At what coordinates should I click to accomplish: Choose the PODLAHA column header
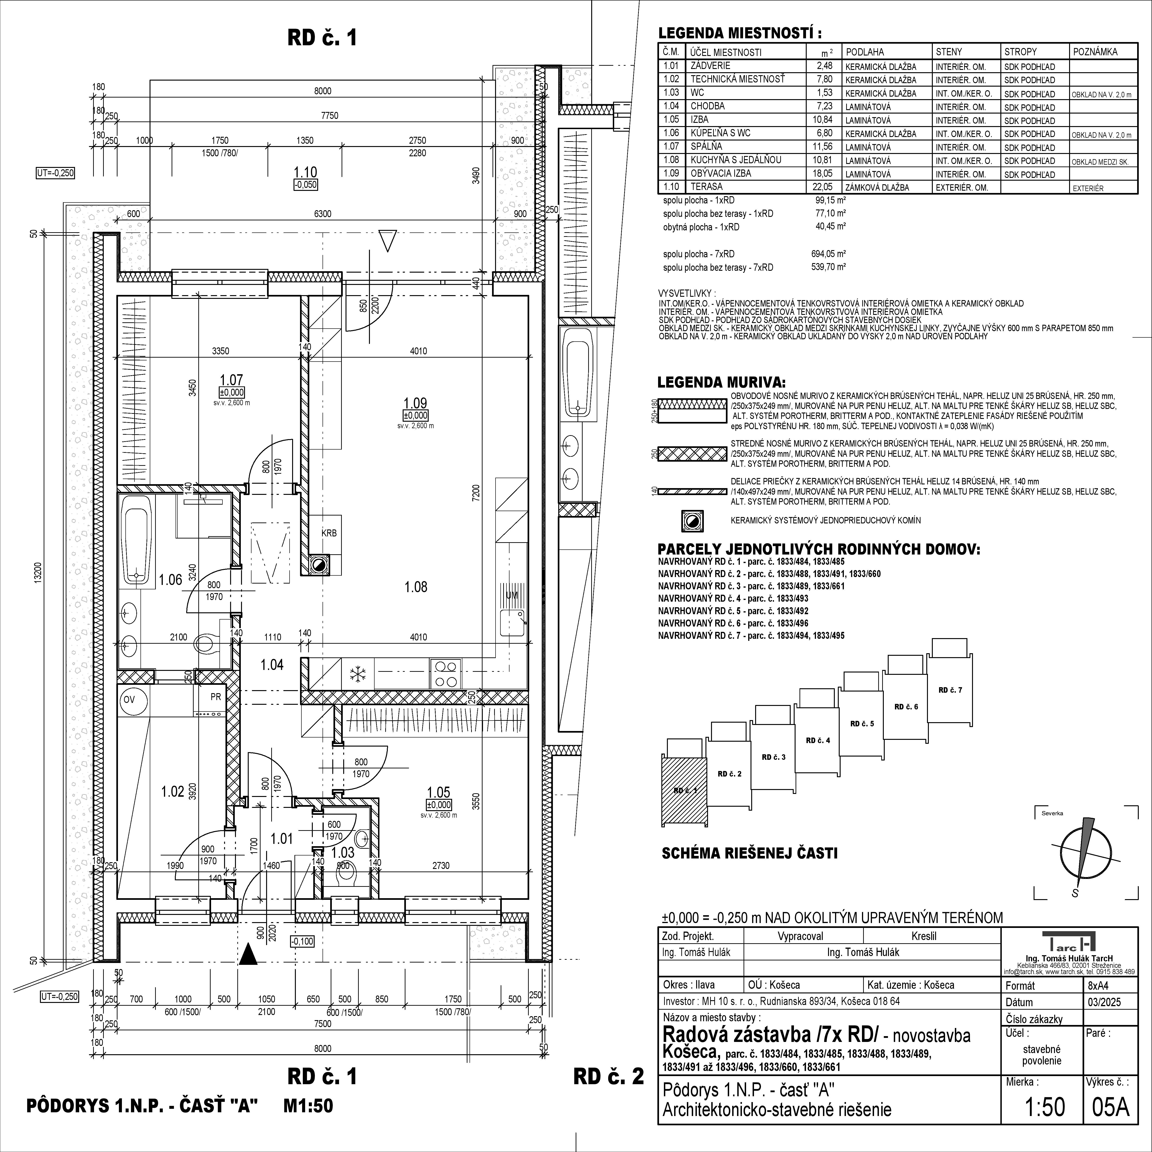(x=865, y=52)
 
